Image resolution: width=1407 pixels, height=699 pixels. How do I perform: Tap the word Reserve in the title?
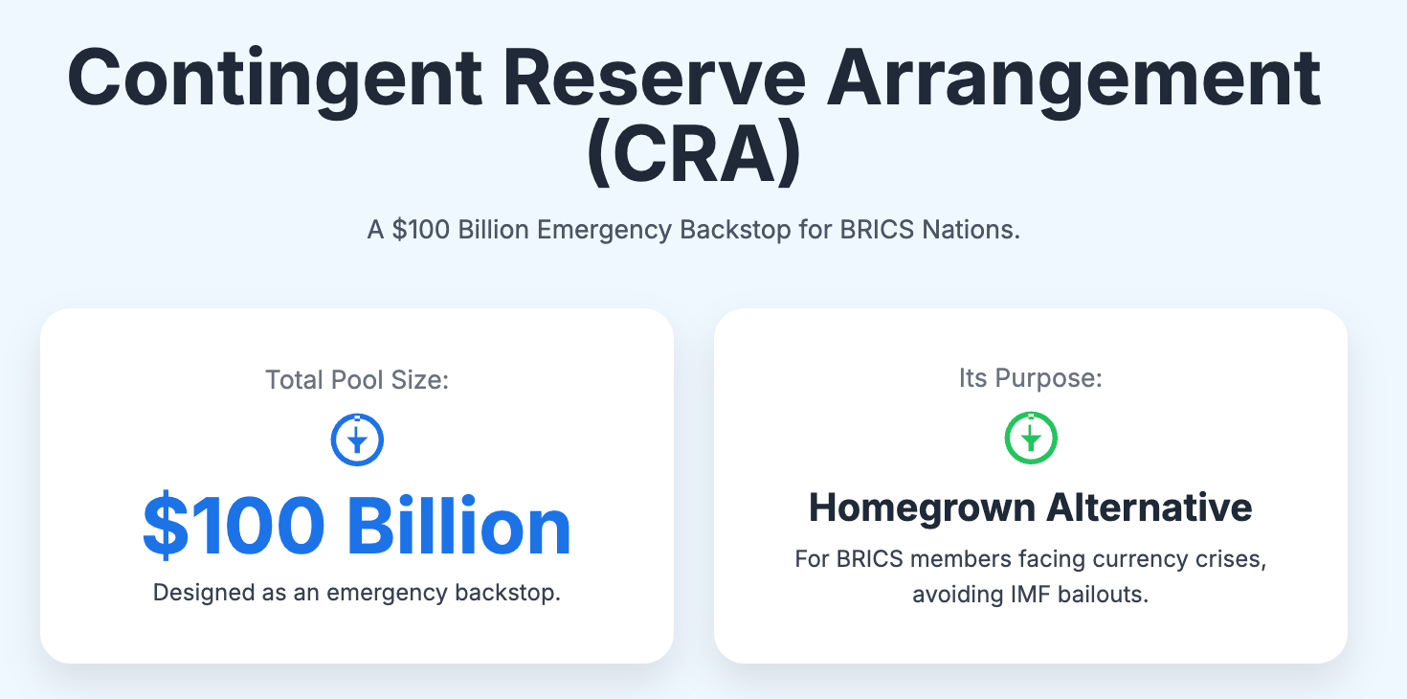pyautogui.click(x=654, y=78)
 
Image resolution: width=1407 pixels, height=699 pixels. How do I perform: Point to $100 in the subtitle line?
pyautogui.click(x=421, y=230)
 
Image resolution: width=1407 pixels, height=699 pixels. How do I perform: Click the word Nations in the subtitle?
pyautogui.click(x=971, y=230)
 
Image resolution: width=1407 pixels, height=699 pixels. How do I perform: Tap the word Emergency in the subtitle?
pyautogui.click(x=604, y=231)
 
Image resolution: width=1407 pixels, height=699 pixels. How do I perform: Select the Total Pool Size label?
pyautogui.click(x=357, y=380)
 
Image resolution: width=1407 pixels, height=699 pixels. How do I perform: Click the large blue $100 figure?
pyautogui.click(x=234, y=526)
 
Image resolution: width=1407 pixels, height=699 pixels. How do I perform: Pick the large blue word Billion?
pyautogui.click(x=459, y=526)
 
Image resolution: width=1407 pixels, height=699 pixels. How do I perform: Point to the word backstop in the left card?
pyautogui.click(x=507, y=593)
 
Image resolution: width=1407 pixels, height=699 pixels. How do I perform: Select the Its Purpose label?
pyautogui.click(x=1030, y=378)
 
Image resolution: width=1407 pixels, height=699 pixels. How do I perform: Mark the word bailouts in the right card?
pyautogui.click(x=1103, y=594)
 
